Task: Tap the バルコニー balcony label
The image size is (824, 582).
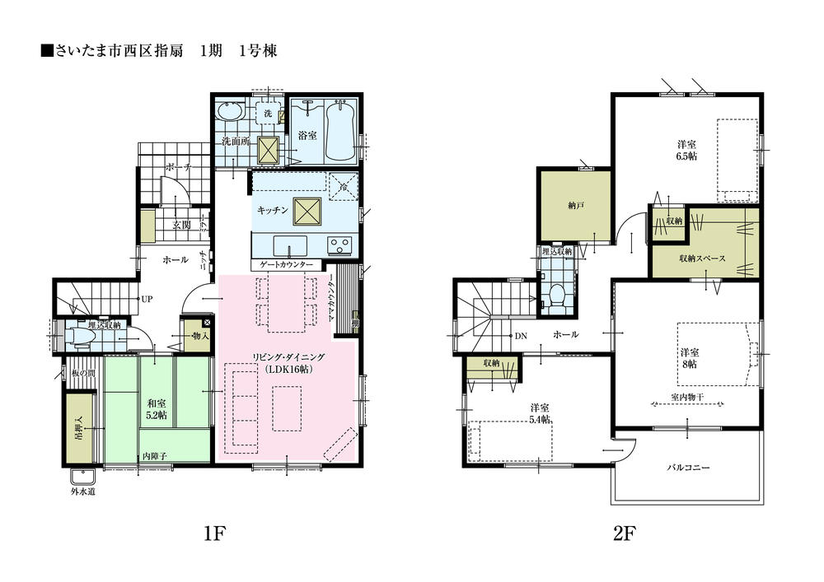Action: pyautogui.click(x=688, y=468)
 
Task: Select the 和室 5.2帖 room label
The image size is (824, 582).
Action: pyautogui.click(x=157, y=409)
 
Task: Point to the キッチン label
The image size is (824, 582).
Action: pyautogui.click(x=272, y=211)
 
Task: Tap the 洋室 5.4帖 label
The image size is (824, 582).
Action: pyautogui.click(x=540, y=414)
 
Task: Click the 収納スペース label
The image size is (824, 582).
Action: pyautogui.click(x=702, y=258)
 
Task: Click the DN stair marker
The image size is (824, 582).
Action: pyautogui.click(x=520, y=336)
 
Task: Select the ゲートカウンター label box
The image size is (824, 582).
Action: pyautogui.click(x=286, y=265)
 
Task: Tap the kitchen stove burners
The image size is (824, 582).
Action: pyautogui.click(x=339, y=244)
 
